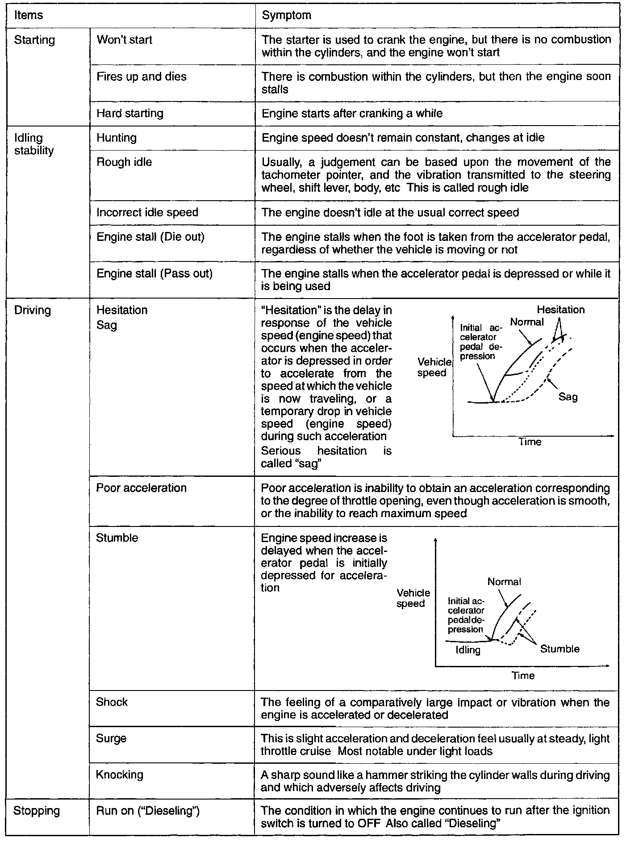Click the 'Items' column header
point(29,15)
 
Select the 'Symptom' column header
point(286,15)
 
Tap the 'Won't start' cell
point(124,40)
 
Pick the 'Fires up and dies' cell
point(141,76)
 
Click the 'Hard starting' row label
point(129,113)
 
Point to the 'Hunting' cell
point(116,138)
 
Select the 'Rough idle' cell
point(124,162)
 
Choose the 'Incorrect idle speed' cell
point(147,212)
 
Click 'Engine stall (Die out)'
point(150,236)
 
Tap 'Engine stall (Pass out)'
point(154,273)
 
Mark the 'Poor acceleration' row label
point(141,488)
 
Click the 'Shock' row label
point(112,702)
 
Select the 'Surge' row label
point(111,738)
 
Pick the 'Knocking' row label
point(119,775)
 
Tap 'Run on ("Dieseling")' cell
point(147,811)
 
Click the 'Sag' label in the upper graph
point(568,397)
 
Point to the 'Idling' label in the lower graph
point(468,650)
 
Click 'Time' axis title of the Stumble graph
point(523,675)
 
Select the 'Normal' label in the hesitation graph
point(527,322)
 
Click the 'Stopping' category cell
point(37,811)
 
